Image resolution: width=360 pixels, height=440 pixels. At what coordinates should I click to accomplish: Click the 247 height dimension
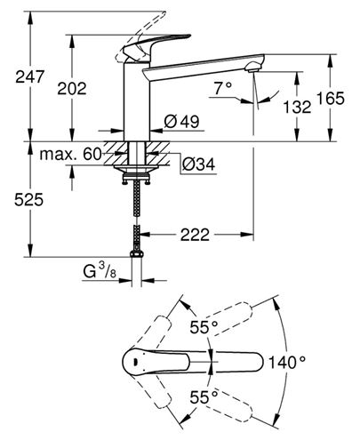[29, 77]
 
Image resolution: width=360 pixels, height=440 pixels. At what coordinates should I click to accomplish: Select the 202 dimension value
[72, 89]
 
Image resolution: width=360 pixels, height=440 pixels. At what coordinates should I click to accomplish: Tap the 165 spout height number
[331, 99]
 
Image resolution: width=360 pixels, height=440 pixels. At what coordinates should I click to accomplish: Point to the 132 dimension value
[297, 107]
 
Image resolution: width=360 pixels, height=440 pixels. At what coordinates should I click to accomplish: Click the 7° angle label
[223, 88]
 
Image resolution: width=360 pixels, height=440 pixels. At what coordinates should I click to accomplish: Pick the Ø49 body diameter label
[181, 122]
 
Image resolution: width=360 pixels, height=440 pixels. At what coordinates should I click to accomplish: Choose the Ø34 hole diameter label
[198, 164]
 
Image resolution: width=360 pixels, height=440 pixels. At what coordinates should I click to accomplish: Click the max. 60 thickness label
[70, 154]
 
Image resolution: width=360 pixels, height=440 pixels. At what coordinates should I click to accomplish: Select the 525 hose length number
[28, 199]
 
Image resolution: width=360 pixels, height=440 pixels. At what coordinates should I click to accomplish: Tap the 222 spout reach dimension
[195, 235]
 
